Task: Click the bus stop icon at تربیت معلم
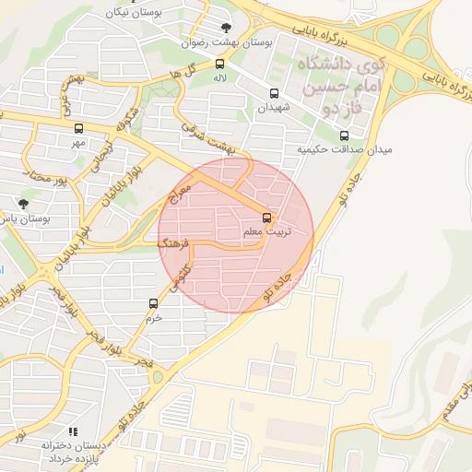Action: (266, 218)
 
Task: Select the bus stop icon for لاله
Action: (219, 64)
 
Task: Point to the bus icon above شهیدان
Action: (273, 93)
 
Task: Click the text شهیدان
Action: (273, 108)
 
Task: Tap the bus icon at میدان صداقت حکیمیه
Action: (345, 136)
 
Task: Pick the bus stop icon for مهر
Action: (77, 128)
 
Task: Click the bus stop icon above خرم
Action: (153, 302)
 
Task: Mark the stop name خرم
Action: (153, 317)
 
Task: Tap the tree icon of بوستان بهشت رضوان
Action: (227, 27)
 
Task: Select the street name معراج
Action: (182, 195)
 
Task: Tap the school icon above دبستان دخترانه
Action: (73, 431)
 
